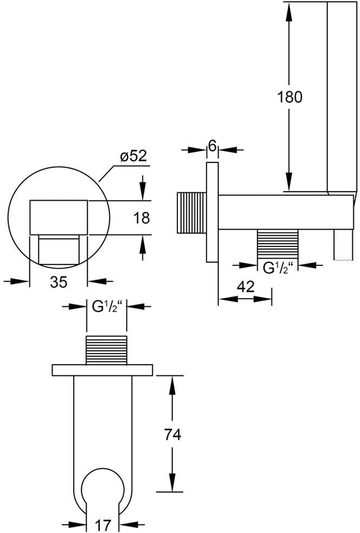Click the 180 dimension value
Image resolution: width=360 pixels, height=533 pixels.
tap(290, 97)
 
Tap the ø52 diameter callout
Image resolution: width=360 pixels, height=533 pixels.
tap(133, 155)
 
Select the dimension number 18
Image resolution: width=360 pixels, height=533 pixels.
tap(141, 218)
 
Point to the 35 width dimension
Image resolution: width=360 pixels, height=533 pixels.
tap(59, 282)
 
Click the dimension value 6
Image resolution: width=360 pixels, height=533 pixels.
tap(213, 146)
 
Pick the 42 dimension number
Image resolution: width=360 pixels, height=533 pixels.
tap(245, 287)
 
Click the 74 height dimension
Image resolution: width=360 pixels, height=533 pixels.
tap(172, 434)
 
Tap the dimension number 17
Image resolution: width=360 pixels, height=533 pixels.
tap(102, 525)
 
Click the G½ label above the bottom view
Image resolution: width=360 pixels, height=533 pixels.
tap(106, 307)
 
